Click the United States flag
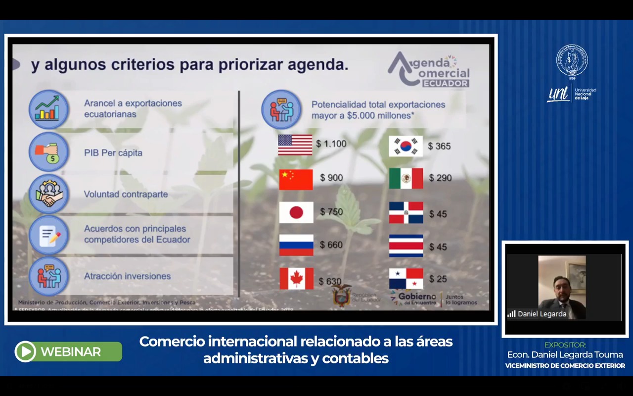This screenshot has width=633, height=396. tap(295, 145)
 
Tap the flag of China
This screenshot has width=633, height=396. tap(296, 179)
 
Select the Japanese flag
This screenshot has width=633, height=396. tap(296, 212)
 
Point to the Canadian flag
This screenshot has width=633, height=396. tap(296, 279)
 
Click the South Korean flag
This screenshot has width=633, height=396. tap(406, 146)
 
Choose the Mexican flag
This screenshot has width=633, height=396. tap(406, 179)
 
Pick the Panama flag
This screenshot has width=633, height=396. tap(406, 279)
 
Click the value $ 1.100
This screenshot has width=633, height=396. tap(331, 144)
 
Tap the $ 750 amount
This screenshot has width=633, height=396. tap(331, 212)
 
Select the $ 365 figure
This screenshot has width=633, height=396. tap(439, 146)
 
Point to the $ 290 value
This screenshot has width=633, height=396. tap(440, 178)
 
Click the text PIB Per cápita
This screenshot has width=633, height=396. tap(113, 153)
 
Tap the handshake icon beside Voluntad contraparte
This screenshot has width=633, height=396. tap(48, 194)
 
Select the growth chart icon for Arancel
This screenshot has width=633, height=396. tap(48, 109)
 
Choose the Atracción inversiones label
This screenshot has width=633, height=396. tap(127, 276)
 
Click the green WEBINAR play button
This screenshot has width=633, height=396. tap(25, 351)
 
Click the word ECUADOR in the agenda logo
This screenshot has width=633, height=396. tap(445, 84)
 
